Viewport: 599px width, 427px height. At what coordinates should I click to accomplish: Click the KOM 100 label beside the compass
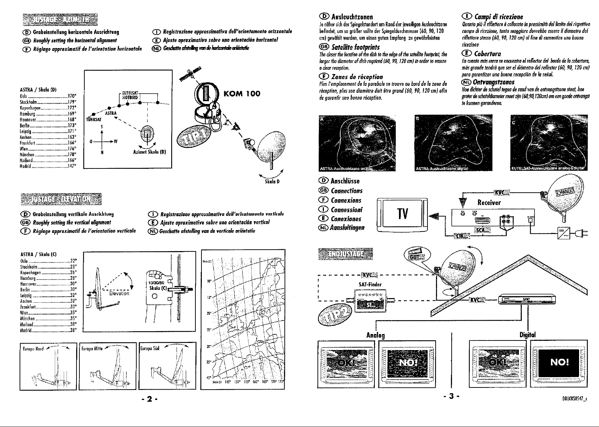click(x=242, y=94)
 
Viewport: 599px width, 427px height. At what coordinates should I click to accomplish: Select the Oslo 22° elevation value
click(x=74, y=260)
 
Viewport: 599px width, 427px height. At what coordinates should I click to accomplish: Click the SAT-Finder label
click(x=370, y=285)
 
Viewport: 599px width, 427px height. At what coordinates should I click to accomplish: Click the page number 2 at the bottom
click(x=149, y=399)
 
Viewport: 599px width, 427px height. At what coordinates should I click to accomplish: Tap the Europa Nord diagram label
click(x=33, y=349)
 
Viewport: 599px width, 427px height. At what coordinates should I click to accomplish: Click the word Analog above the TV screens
click(x=376, y=335)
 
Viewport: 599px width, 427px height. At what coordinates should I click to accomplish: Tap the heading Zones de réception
click(x=357, y=77)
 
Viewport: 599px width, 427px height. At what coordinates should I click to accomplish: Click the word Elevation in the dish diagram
click(x=119, y=293)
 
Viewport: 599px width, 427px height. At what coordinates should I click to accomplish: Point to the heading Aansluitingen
click(x=347, y=228)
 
